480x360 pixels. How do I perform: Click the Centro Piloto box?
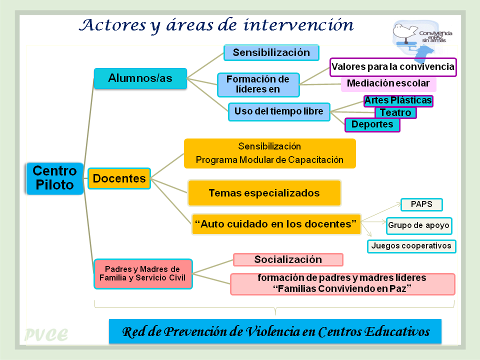(x=55, y=178)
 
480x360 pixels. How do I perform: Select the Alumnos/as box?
(x=140, y=78)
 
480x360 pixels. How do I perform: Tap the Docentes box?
(x=119, y=178)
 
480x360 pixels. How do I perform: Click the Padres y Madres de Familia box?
(x=143, y=274)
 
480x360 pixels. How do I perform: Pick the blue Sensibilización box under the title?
(x=271, y=52)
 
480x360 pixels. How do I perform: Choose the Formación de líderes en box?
(x=258, y=85)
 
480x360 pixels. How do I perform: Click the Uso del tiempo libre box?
(x=279, y=111)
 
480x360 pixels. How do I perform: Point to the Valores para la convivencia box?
(x=393, y=67)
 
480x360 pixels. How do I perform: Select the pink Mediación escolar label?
(x=388, y=83)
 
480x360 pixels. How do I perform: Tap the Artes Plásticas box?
(x=398, y=100)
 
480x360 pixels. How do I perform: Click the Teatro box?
(x=395, y=112)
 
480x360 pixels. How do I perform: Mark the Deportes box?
(x=372, y=125)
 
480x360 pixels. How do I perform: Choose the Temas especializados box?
(x=264, y=193)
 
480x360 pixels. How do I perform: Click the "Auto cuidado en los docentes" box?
(x=276, y=224)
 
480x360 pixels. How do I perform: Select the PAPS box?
(x=421, y=204)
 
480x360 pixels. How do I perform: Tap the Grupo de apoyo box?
(x=419, y=226)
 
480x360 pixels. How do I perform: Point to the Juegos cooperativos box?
(x=411, y=246)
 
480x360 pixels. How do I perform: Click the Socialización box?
(x=288, y=260)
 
